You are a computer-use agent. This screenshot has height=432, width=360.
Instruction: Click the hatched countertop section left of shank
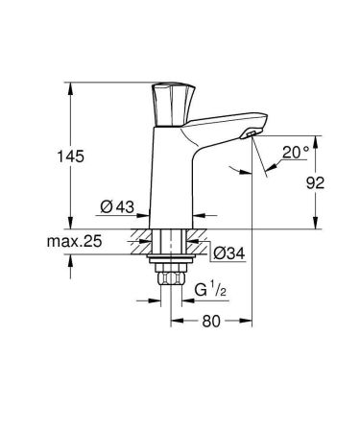(x=139, y=239)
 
